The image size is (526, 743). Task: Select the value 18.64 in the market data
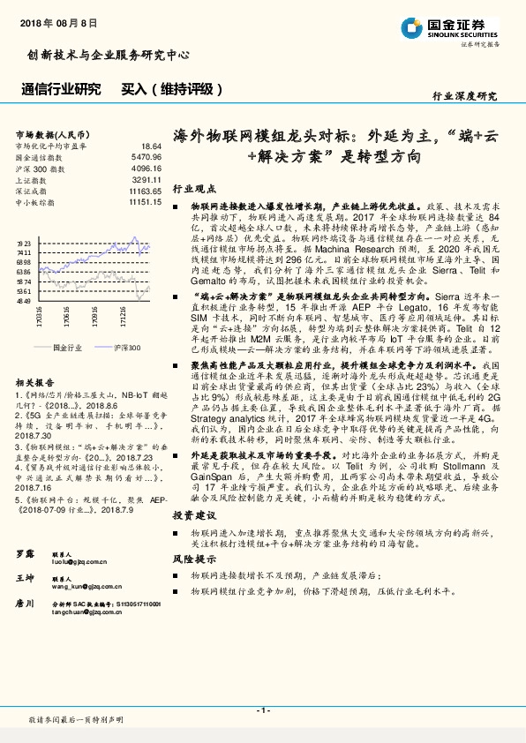pos(150,146)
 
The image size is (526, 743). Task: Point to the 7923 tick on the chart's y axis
pos(24,242)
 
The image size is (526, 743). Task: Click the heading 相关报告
pos(35,382)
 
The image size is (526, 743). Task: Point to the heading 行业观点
pos(192,189)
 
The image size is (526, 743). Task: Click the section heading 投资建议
pos(192,514)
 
